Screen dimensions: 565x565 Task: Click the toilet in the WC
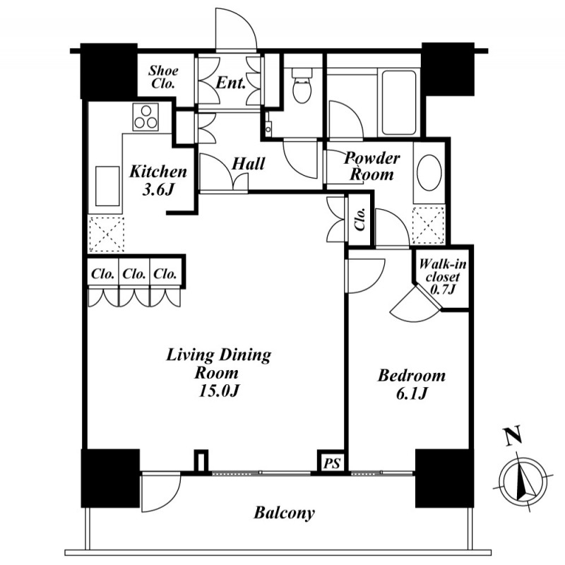pos(302,85)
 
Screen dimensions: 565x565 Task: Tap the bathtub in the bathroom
pos(399,102)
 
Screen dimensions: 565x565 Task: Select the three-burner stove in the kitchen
pos(145,117)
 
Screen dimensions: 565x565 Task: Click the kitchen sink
pos(107,186)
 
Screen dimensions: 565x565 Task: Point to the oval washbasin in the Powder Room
pos(429,172)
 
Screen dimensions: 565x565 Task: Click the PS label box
pos(331,463)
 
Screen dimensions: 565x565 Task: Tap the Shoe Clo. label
pos(163,77)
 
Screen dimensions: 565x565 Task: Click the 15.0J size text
pos(219,392)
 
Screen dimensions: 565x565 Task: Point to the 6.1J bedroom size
pos(412,394)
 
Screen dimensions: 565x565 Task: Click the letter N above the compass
pos(513,436)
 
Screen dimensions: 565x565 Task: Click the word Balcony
pos(285,513)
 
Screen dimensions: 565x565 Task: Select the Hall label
pos(249,164)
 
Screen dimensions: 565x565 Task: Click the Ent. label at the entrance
pos(231,83)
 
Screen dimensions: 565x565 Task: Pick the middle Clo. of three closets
pos(134,274)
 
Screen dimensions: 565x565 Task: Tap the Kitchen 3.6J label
pos(158,181)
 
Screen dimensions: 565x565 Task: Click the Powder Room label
pos(372,167)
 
